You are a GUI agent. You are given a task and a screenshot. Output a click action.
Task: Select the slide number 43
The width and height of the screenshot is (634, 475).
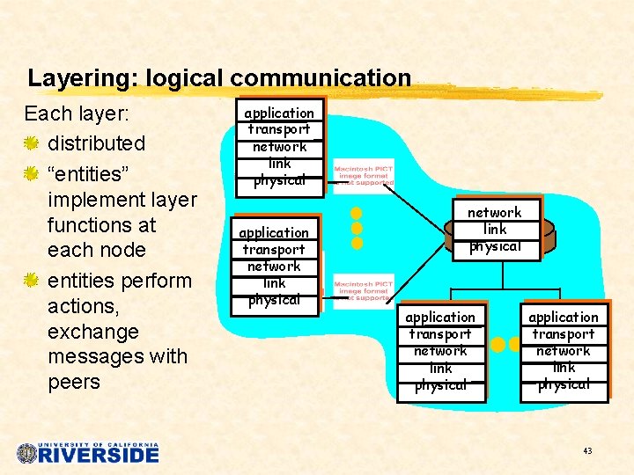click(587, 451)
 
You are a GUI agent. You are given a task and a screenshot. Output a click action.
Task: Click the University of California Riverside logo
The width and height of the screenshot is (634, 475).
click(88, 453)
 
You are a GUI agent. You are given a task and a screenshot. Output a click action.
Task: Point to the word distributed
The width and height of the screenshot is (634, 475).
click(97, 143)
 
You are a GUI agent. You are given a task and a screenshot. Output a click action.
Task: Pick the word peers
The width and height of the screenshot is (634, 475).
click(74, 383)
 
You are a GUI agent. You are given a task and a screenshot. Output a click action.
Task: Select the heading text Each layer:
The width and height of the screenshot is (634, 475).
click(77, 114)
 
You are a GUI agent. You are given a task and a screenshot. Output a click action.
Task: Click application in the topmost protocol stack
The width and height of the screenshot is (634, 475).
click(279, 113)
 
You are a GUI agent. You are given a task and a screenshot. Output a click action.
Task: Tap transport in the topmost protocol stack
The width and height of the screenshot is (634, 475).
click(279, 129)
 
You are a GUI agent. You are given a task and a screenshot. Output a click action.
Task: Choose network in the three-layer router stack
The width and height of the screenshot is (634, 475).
click(494, 213)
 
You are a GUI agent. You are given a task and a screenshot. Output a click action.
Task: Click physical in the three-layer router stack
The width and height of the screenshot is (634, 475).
click(494, 246)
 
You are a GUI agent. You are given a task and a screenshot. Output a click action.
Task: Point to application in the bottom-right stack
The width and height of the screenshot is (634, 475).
click(564, 317)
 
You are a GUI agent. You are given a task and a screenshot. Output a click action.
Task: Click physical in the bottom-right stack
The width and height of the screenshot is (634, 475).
click(564, 384)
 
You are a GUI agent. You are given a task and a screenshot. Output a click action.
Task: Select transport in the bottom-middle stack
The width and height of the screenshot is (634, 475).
click(440, 334)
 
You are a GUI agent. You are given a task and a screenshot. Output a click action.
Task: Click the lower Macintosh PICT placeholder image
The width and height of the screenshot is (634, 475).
click(364, 292)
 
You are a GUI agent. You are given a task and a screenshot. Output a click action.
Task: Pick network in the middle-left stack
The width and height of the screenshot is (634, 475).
click(274, 267)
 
